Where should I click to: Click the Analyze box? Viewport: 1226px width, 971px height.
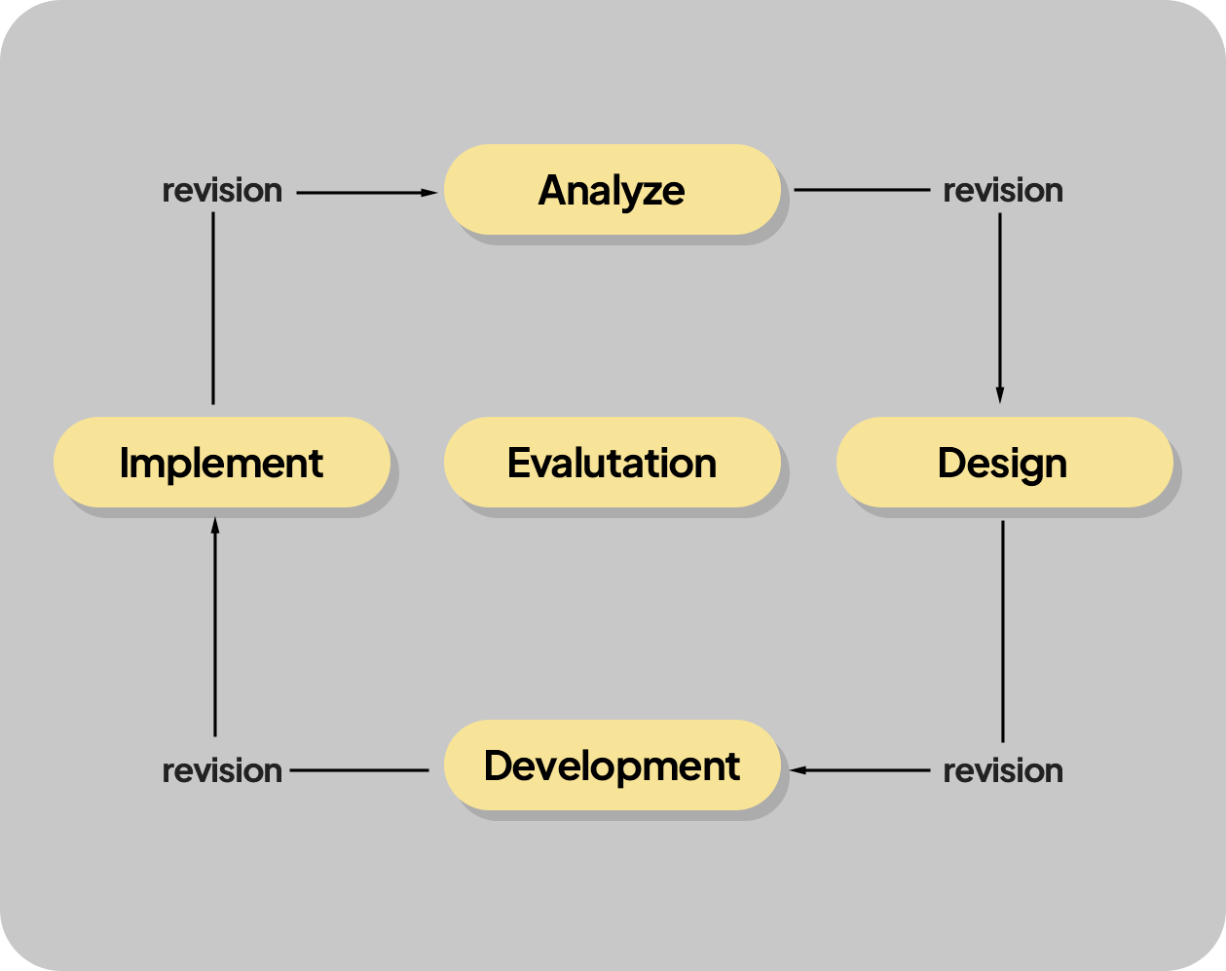point(612,189)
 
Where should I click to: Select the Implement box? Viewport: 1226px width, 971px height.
point(222,463)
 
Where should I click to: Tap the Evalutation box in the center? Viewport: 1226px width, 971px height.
point(612,463)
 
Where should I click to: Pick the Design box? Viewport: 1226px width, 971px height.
point(1004,463)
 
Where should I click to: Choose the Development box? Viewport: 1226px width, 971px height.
point(612,765)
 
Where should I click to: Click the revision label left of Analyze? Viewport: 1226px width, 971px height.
point(222,190)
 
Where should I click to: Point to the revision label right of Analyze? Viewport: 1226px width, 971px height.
point(1003,190)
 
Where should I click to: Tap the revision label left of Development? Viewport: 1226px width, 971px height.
point(222,771)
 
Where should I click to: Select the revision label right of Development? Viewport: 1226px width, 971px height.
point(1003,771)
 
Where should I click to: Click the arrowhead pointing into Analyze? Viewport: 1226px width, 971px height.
point(429,193)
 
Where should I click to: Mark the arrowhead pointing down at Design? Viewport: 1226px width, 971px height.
point(1000,394)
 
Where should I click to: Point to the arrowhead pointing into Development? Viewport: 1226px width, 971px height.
point(799,770)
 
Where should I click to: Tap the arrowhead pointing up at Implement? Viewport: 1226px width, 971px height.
point(215,525)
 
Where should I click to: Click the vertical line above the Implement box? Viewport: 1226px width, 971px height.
point(213,309)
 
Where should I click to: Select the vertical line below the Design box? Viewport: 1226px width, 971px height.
point(1003,631)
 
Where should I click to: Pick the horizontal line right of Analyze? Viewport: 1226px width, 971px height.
point(862,190)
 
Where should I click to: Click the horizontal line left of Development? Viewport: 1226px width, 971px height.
point(359,770)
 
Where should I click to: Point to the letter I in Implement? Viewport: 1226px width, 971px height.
point(123,463)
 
